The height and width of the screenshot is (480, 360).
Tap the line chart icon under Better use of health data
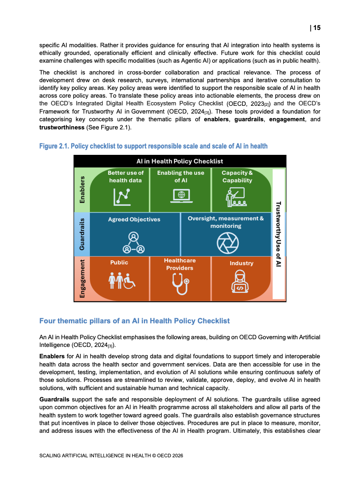[122, 195]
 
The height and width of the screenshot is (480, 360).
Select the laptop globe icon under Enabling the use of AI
[180, 195]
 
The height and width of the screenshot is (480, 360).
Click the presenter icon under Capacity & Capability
[236, 196]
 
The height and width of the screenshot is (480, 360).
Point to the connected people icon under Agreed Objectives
[133, 242]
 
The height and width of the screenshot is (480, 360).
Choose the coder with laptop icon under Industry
[240, 282]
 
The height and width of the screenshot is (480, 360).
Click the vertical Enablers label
[82, 189]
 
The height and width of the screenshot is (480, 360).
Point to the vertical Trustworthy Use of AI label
[278, 234]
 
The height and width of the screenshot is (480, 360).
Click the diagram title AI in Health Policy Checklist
[180, 161]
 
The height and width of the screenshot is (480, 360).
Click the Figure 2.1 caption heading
[153, 146]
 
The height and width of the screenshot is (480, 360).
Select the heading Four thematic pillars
[134, 321]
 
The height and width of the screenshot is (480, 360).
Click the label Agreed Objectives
[134, 219]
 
